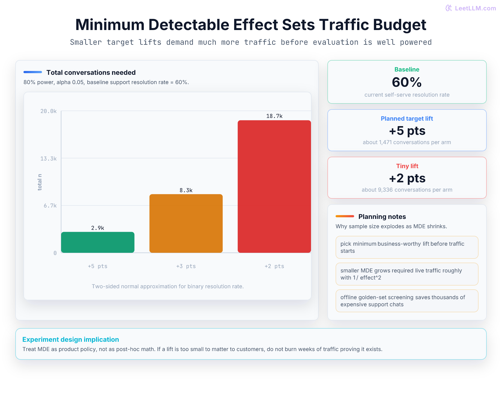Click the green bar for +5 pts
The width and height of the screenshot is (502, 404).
coord(98,242)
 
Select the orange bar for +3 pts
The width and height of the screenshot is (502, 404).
coord(186,223)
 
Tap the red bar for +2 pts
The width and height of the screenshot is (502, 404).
coord(274,186)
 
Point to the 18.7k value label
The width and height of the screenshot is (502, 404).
coord(274,116)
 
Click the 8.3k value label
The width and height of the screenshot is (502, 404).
coord(186,190)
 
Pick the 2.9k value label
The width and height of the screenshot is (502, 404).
coord(98,228)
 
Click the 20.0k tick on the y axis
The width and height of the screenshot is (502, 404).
coord(49,111)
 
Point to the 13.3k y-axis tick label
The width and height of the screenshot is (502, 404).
coord(49,159)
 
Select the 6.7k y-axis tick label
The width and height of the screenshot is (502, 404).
coord(50,206)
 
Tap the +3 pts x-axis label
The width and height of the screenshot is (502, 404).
coord(186,266)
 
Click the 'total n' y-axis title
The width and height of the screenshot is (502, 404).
coord(40,182)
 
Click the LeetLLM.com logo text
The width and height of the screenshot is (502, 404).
coord(475,8)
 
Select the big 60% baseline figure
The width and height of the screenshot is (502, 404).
coord(407,82)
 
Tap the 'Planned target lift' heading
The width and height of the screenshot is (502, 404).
coord(407,118)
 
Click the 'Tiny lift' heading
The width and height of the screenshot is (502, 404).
coord(407,166)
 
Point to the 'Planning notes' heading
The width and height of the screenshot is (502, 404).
coord(382,216)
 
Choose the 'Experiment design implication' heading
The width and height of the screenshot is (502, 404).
coord(71,339)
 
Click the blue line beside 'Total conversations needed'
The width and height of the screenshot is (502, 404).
coord(33,72)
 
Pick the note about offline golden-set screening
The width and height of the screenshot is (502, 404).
coord(407,301)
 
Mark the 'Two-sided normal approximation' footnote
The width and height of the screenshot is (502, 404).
coord(168,286)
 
